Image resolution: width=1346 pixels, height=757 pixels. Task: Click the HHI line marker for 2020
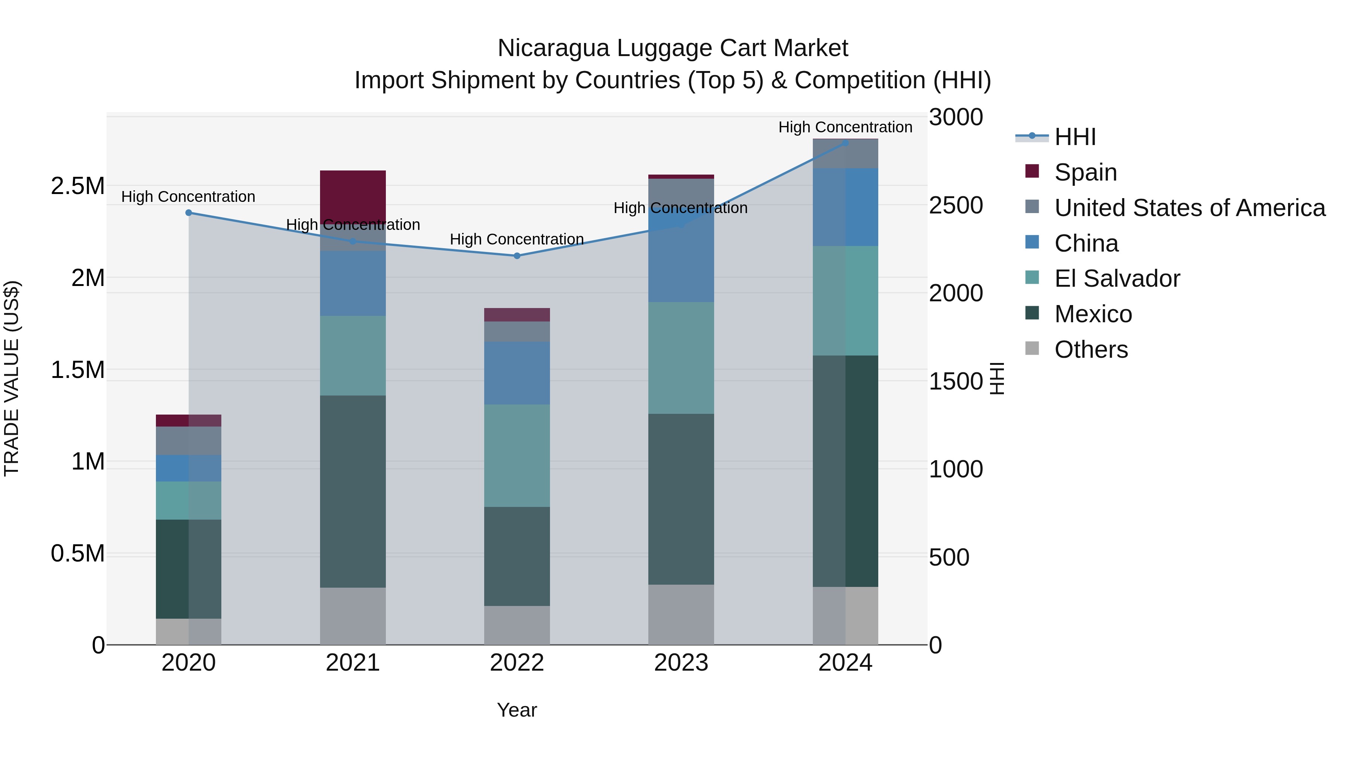click(189, 213)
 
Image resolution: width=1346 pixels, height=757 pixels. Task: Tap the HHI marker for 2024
click(845, 143)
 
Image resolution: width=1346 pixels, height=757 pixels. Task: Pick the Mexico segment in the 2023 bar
click(681, 499)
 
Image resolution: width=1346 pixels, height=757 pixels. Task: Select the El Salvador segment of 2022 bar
click(517, 456)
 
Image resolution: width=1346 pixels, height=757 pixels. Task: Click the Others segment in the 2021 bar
click(353, 616)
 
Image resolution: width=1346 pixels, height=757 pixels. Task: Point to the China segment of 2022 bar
click(517, 373)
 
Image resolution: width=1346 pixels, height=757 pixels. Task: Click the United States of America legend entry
click(1189, 208)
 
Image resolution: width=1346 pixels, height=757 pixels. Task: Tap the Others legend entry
click(1091, 350)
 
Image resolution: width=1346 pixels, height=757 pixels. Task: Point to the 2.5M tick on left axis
click(78, 186)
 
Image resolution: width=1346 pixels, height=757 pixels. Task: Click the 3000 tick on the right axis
click(956, 117)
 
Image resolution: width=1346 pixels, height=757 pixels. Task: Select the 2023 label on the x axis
click(681, 663)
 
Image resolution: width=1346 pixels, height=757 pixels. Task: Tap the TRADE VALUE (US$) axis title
click(12, 378)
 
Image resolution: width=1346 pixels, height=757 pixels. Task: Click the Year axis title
click(517, 710)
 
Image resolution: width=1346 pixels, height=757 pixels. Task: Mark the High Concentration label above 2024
click(845, 127)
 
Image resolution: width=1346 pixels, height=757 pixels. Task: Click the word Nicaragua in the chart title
click(553, 48)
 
